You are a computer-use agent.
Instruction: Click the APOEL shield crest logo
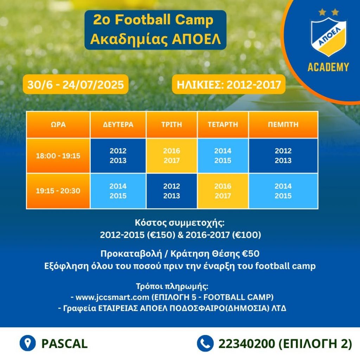(x=328, y=37)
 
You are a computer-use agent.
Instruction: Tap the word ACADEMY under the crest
(x=328, y=67)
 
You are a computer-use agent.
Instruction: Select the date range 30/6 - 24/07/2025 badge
(x=76, y=84)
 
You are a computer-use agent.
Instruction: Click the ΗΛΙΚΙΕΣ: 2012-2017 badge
(x=229, y=84)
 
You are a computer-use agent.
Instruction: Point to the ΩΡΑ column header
(x=58, y=124)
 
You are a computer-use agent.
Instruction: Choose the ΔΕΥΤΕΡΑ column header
(x=118, y=124)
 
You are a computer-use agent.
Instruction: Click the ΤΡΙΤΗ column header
(x=172, y=124)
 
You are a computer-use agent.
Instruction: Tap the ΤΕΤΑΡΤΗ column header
(x=223, y=124)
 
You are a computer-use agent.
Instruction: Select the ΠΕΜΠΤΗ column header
(x=283, y=124)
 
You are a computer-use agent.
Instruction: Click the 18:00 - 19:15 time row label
(x=58, y=156)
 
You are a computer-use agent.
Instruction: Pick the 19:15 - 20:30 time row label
(x=58, y=191)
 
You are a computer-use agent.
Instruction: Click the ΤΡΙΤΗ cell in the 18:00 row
(x=172, y=156)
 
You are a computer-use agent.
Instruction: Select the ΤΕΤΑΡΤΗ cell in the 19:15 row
(x=223, y=191)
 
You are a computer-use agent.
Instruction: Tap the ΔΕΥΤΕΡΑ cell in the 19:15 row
(x=118, y=191)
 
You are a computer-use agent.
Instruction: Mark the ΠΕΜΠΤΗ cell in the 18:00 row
(x=283, y=156)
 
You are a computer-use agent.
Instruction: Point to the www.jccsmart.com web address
(x=112, y=297)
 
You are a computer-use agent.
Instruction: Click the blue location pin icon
(x=28, y=343)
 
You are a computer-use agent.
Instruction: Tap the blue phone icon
(x=205, y=343)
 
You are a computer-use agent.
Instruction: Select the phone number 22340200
(x=246, y=344)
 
